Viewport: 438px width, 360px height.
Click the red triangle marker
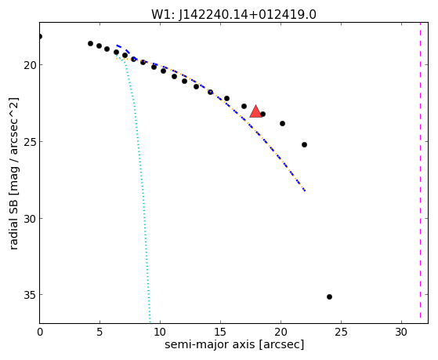click(x=255, y=111)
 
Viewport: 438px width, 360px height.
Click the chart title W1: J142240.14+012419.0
click(x=233, y=15)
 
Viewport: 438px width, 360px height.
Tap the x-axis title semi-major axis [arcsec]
click(x=234, y=344)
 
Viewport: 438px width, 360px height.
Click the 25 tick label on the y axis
click(x=30, y=142)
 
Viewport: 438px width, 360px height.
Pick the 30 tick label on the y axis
click(x=30, y=219)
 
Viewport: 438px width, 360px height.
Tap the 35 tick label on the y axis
click(x=30, y=295)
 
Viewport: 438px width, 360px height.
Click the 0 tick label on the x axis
click(x=40, y=333)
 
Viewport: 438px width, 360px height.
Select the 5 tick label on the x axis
click(x=100, y=333)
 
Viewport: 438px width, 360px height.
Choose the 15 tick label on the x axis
click(x=220, y=333)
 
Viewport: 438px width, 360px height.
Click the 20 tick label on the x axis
click(x=281, y=333)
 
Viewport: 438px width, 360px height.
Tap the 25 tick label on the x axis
click(x=341, y=333)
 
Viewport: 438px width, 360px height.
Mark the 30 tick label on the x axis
click(x=401, y=333)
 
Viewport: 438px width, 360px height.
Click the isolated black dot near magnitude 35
click(x=329, y=296)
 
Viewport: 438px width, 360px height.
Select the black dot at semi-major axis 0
click(x=40, y=36)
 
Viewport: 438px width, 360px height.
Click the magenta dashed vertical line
click(x=420, y=173)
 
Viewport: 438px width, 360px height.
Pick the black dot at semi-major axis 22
click(x=304, y=144)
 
